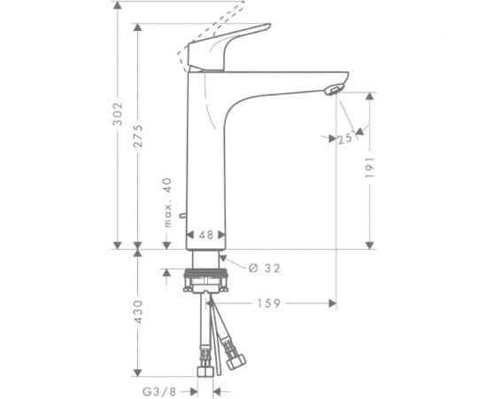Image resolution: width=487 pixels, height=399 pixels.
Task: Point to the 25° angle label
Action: click(344, 138)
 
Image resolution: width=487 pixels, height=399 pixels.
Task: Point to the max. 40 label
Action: click(165, 202)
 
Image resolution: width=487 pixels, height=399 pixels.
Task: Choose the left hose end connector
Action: click(203, 359)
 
